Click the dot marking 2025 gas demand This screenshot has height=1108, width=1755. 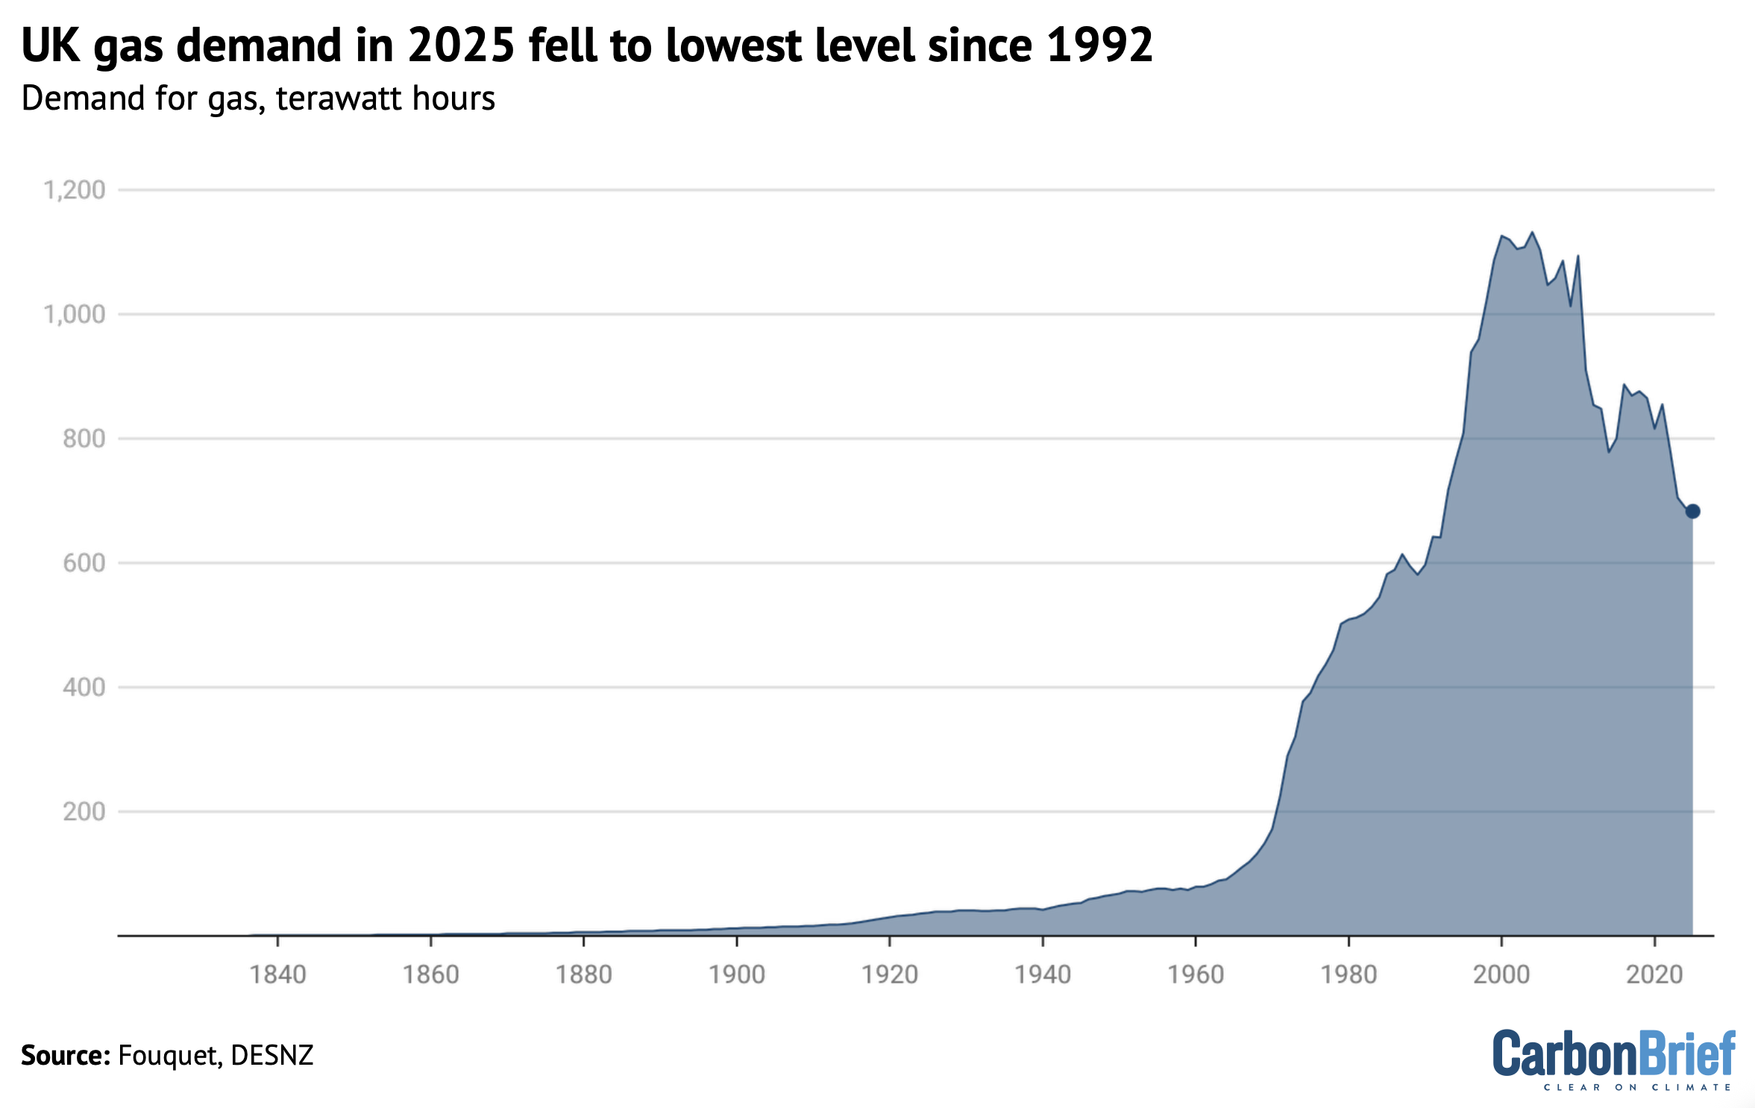(1692, 511)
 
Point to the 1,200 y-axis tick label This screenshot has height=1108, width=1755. (75, 190)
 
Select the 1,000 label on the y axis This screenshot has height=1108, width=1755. (75, 314)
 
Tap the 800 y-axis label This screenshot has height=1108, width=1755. (84, 439)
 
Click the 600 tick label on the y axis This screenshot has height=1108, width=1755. (84, 563)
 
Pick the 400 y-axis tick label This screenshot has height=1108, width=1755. (84, 687)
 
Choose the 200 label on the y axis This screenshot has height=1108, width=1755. (84, 811)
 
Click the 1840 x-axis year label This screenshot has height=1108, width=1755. (277, 974)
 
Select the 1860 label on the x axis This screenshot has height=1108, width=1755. (430, 974)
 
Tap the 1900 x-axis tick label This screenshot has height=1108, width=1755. (737, 974)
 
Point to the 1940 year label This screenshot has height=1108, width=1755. (1043, 974)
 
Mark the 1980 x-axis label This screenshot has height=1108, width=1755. (1349, 974)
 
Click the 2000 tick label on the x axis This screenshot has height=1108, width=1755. (1501, 974)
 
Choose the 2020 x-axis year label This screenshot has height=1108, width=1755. (1654, 974)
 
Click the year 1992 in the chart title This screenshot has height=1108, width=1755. (1099, 45)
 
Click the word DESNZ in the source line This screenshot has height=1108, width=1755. (272, 1055)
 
